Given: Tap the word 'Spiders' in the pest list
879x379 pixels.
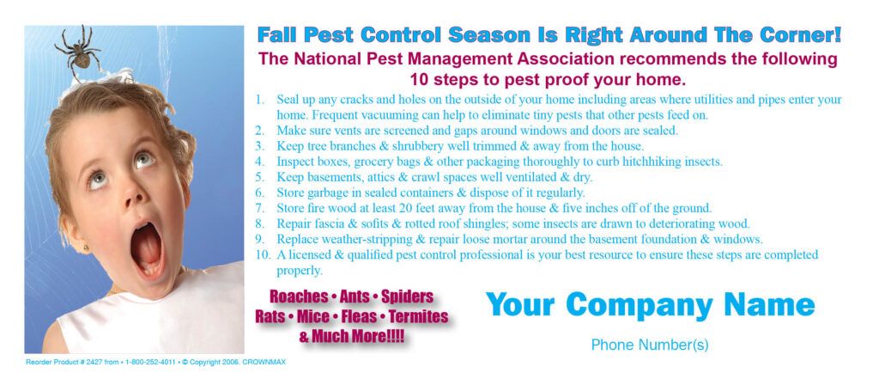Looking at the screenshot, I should (407, 297).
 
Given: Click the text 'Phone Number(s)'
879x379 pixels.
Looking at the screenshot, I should (650, 345).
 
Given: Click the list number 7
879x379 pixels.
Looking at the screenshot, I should (259, 208).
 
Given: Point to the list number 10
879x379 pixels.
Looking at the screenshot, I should (262, 255).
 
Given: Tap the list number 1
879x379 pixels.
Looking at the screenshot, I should (259, 100).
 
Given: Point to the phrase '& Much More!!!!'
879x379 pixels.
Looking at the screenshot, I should (352, 337).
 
